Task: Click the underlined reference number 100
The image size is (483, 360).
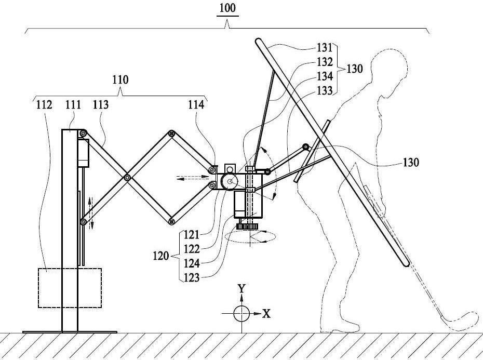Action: [227, 8]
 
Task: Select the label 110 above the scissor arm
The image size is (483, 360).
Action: [120, 80]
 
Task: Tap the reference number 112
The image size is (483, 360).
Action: [44, 105]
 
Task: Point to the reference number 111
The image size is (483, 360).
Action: [73, 105]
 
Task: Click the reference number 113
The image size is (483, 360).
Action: [101, 105]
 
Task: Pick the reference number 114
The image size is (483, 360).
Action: [196, 105]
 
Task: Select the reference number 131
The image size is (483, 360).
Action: [325, 48]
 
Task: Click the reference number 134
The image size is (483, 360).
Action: [325, 76]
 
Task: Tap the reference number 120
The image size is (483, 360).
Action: [161, 256]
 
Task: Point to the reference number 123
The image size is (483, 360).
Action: [192, 278]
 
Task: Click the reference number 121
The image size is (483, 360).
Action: [192, 235]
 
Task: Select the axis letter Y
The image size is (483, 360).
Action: [242, 288]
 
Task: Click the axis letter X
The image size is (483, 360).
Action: [266, 314]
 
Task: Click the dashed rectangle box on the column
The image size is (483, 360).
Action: [38, 288]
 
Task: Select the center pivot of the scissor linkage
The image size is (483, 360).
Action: [127, 178]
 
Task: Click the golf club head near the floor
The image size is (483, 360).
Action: [460, 321]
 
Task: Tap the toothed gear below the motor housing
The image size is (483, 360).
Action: [247, 227]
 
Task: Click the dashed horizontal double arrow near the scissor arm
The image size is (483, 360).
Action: [193, 177]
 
